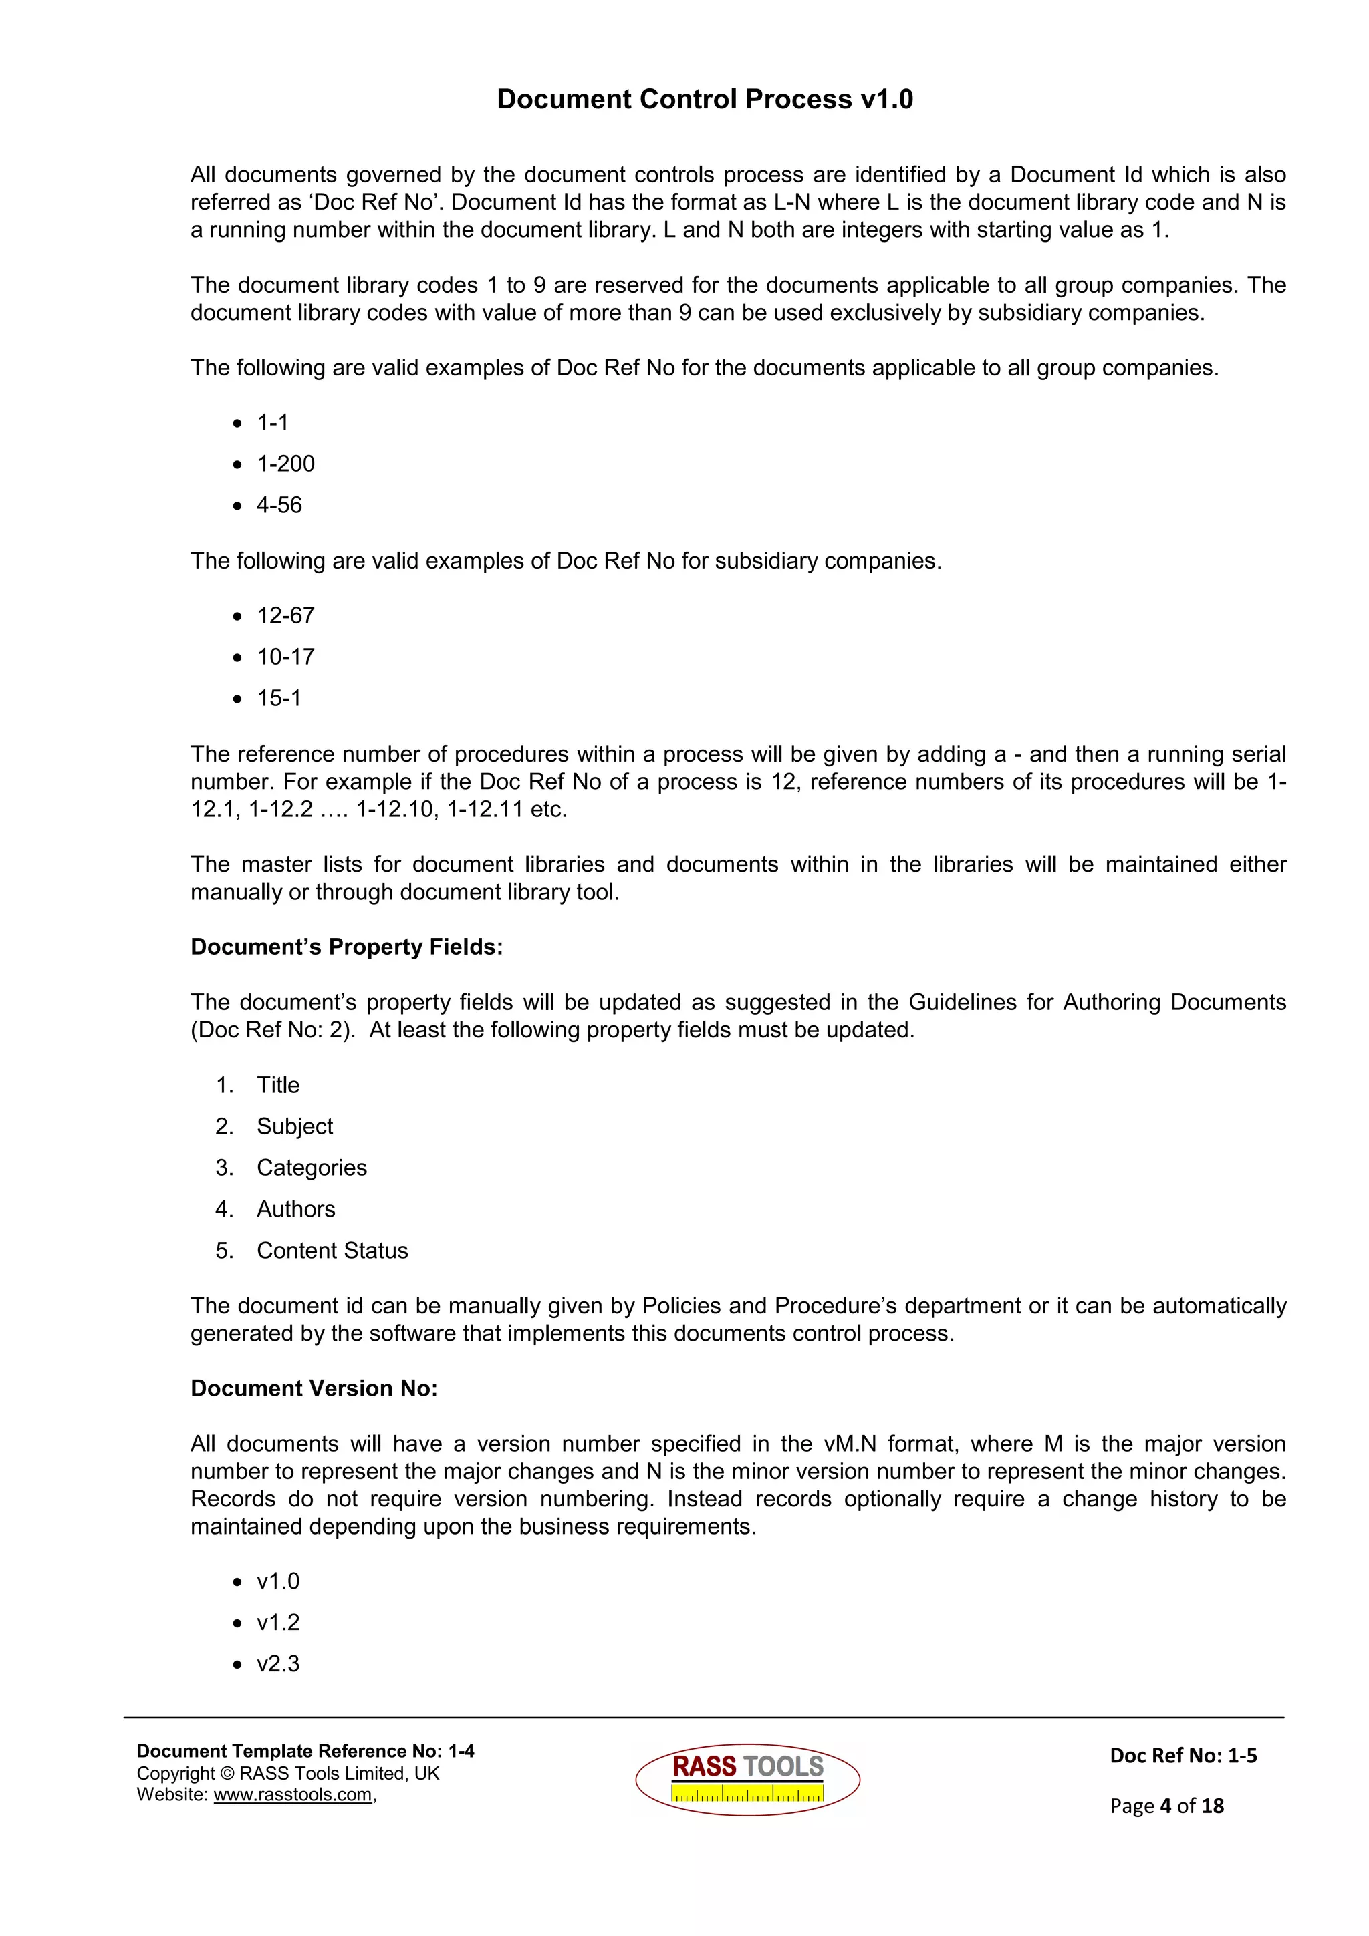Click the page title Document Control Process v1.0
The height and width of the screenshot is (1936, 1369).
pos(705,100)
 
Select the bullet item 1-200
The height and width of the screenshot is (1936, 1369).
pos(285,464)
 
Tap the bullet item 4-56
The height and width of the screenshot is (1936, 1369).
pos(279,505)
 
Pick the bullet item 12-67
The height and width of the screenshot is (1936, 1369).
pos(285,615)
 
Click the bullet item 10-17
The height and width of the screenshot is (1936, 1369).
pos(285,657)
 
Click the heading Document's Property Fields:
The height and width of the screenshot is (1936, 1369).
pos(346,947)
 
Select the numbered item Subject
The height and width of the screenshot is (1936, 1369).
pos(294,1126)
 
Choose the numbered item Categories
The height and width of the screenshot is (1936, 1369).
pos(312,1168)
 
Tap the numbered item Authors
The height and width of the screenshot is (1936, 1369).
pos(295,1209)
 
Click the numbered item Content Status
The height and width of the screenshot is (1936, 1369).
pos(332,1251)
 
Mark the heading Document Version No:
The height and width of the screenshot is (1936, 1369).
pos(314,1389)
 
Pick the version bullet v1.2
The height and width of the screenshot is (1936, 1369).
pos(277,1622)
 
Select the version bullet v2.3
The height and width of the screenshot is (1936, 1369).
pos(277,1663)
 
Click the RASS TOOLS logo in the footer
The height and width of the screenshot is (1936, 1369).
pos(747,1779)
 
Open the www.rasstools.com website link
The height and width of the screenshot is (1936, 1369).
pos(293,1794)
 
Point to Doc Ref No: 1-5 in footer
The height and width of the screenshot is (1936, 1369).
pos(1183,1756)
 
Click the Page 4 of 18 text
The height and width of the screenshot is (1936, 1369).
pos(1166,1805)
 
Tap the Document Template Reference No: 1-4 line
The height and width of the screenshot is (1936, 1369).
pos(305,1752)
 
